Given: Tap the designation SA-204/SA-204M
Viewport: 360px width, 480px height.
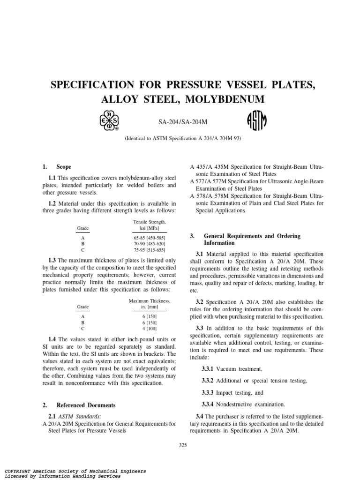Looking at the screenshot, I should click(182, 122).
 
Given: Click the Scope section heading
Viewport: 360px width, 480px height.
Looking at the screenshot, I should click(64, 166).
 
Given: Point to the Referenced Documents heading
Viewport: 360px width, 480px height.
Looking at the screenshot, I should click(86, 405).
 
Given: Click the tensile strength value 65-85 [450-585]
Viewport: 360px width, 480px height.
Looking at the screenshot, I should click(150, 238).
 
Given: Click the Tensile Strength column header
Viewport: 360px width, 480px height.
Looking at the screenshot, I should click(150, 221).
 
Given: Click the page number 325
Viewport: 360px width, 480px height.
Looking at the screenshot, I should click(183, 445).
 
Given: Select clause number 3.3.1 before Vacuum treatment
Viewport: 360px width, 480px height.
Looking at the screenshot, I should click(209, 369).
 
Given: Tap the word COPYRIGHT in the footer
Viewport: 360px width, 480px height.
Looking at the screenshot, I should click(19, 470).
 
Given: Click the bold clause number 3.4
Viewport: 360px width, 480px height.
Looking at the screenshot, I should click(199, 416).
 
